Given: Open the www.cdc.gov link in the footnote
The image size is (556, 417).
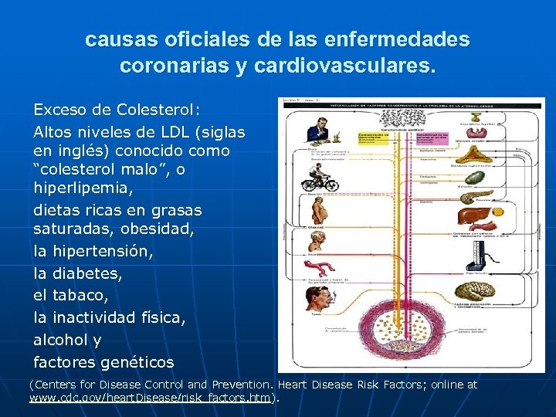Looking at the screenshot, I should tap(151, 398).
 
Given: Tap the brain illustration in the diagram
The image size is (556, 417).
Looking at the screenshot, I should tap(473, 293).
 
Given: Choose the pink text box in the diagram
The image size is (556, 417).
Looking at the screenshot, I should tap(432, 137).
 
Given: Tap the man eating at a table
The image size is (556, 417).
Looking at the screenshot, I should tap(317, 132).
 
